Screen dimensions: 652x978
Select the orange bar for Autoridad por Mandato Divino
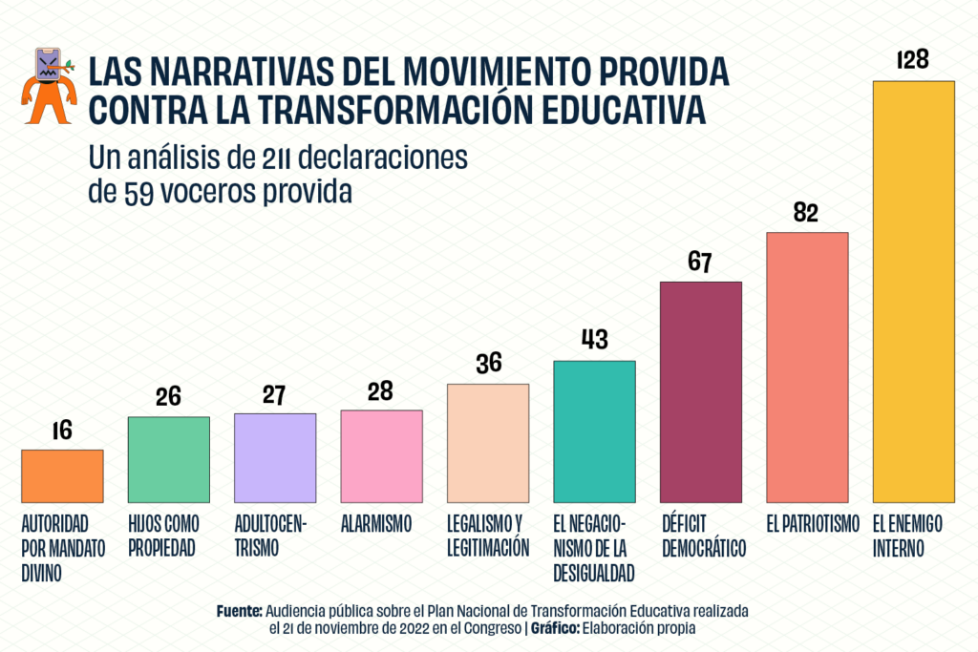62,475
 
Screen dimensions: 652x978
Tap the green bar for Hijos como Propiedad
168,459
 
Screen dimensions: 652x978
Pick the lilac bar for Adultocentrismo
275,457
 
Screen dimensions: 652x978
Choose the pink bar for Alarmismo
381,456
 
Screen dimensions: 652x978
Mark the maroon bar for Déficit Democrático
701,391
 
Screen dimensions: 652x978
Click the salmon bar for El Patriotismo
807,367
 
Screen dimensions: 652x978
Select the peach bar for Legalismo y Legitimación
488,443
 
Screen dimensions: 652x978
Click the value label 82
807,213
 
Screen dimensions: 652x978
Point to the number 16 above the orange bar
62,431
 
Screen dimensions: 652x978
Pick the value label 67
701,263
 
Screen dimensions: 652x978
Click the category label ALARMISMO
376,523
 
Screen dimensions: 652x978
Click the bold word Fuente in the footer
240,609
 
